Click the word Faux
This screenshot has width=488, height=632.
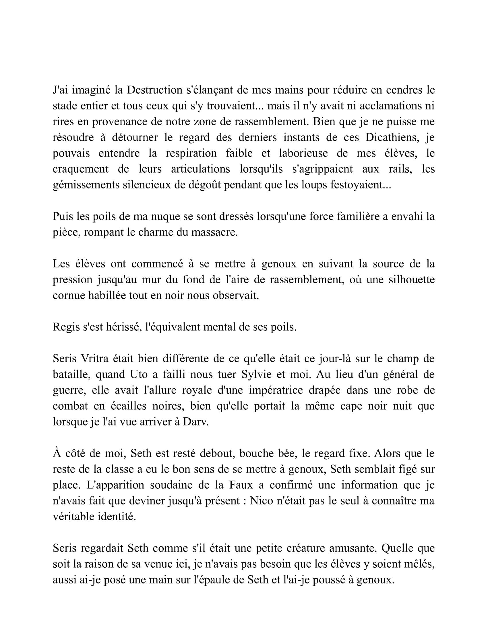[x=241, y=485]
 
